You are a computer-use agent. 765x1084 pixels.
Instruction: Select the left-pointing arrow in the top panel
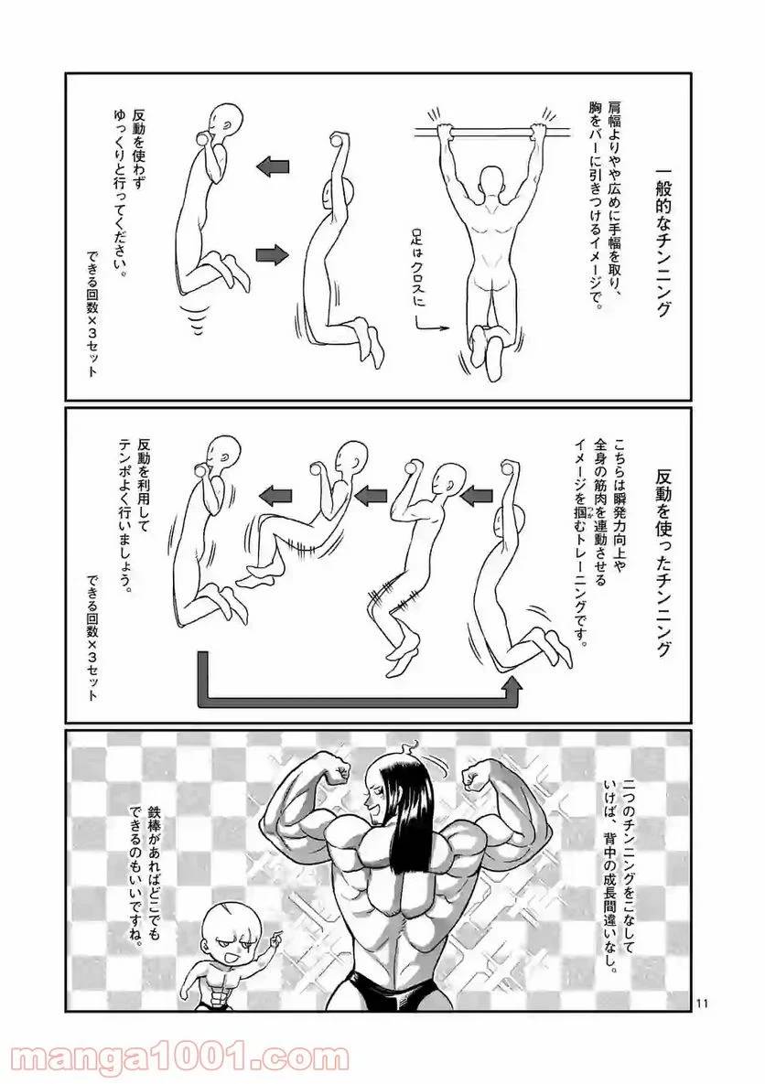coord(273,166)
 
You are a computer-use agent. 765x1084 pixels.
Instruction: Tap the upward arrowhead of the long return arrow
coord(514,682)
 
